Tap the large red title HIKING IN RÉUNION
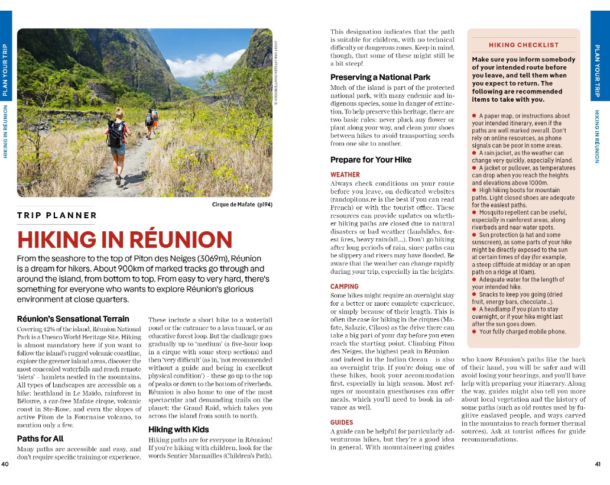click(124, 240)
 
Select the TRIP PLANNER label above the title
click(57, 215)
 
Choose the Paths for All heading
click(40, 439)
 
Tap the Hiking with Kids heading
click(178, 429)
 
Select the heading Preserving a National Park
click(380, 77)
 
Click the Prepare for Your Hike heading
click(371, 160)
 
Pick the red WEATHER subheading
click(345, 175)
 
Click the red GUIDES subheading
click(342, 422)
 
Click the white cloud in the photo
click(204, 62)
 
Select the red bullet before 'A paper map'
click(475, 116)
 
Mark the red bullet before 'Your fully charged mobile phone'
click(475, 332)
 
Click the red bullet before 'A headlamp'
click(475, 309)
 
